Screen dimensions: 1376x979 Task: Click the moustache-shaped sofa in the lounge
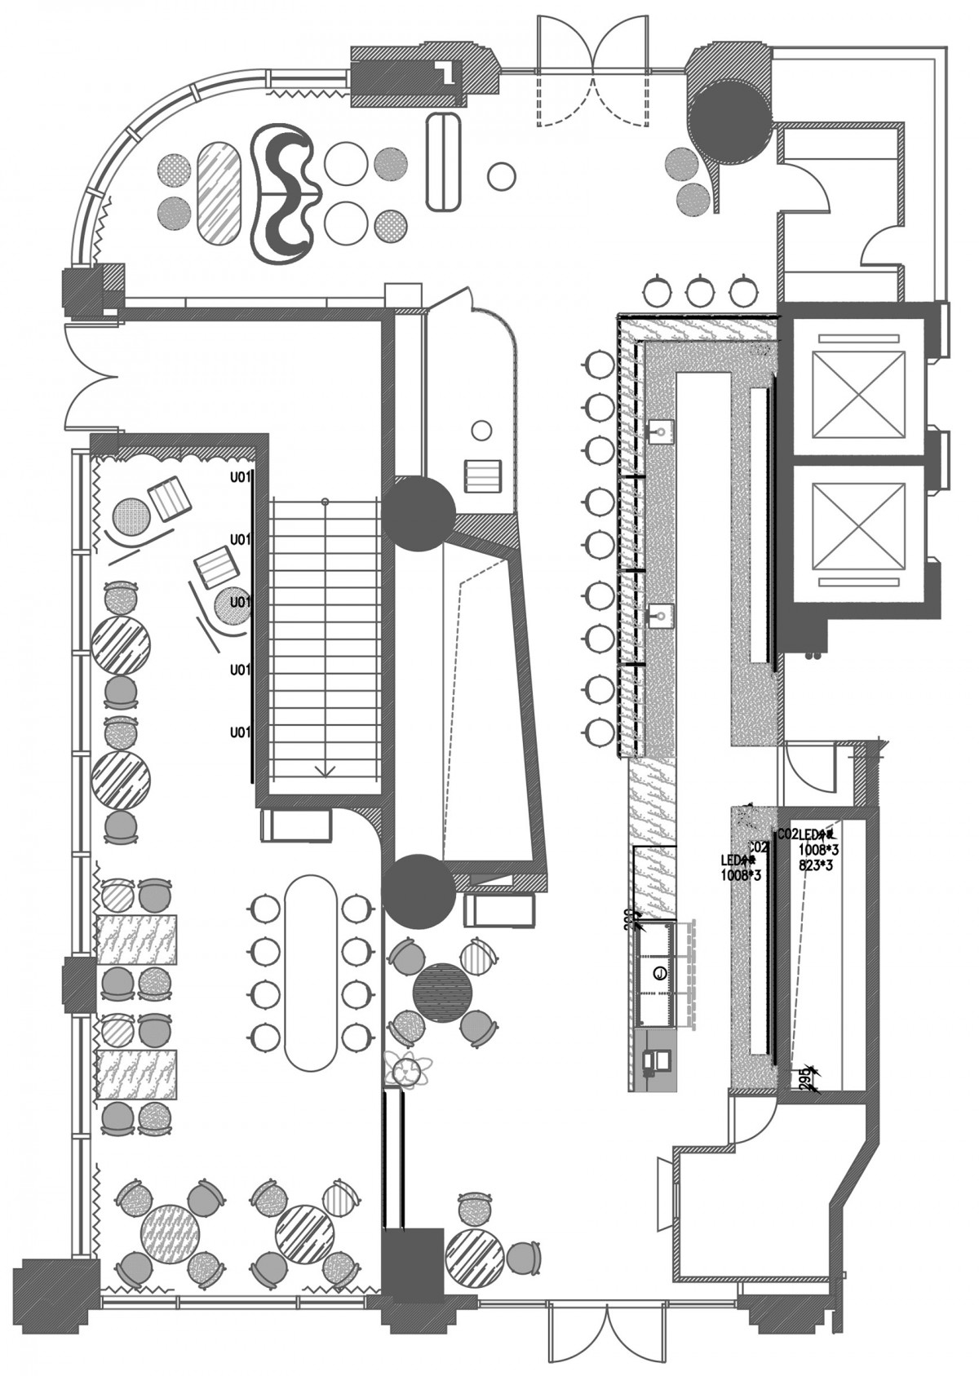281,193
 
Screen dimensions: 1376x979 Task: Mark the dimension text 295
805,1077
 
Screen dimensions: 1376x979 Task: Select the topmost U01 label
239,476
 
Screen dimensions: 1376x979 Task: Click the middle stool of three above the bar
698,290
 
